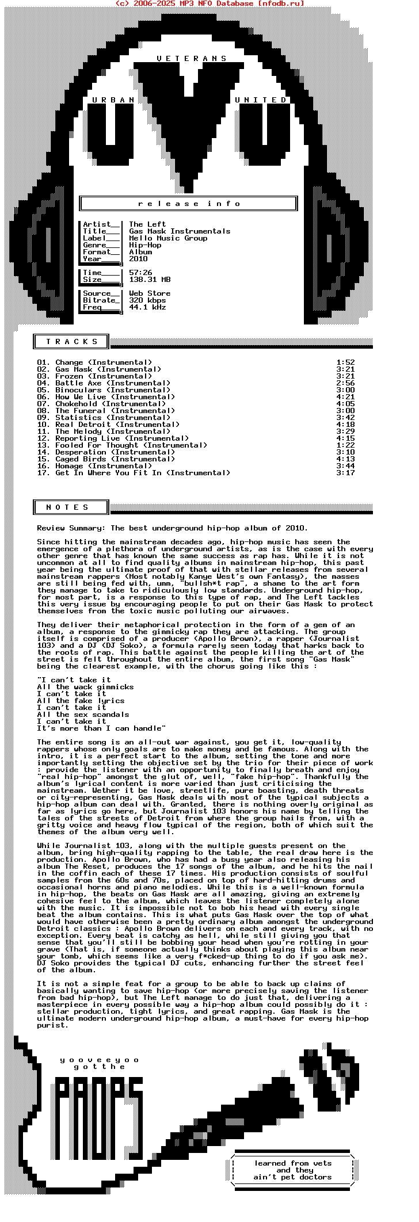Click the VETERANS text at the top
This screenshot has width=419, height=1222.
pyautogui.click(x=192, y=59)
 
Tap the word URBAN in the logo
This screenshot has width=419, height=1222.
pyautogui.click(x=113, y=100)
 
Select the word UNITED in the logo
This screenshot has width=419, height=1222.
pyautogui.click(x=261, y=100)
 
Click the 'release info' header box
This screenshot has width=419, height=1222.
pyautogui.click(x=189, y=204)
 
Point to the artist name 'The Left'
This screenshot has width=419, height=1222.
pyautogui.click(x=147, y=224)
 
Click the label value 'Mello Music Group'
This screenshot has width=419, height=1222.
pyautogui.click(x=168, y=238)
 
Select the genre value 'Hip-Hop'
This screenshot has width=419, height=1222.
pyautogui.click(x=145, y=245)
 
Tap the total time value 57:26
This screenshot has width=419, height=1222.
pyautogui.click(x=140, y=273)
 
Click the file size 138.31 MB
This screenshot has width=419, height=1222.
pyautogui.click(x=150, y=280)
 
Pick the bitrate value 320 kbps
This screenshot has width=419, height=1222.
pyautogui.click(x=147, y=300)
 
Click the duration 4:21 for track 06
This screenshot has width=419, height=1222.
pyautogui.click(x=345, y=397)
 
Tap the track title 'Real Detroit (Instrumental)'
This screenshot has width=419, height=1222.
pyautogui.click(x=117, y=425)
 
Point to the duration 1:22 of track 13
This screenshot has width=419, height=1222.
pyautogui.click(x=345, y=445)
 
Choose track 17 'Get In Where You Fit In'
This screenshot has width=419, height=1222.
pyautogui.click(x=143, y=473)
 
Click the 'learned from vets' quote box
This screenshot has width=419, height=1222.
pyautogui.click(x=293, y=1170)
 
